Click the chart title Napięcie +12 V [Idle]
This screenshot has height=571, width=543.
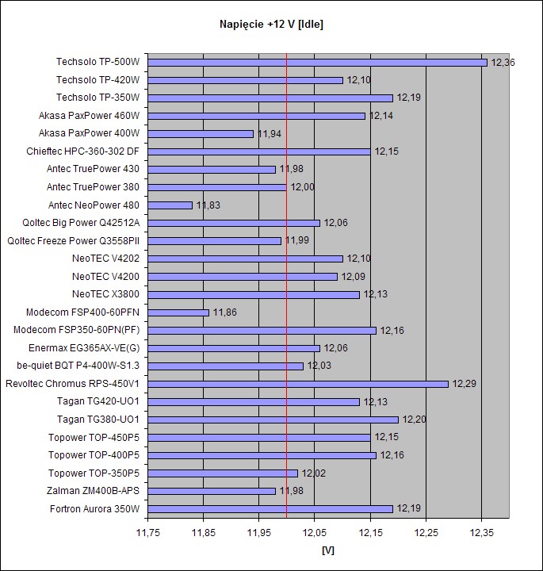coord(271,25)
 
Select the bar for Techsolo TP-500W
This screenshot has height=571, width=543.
coord(317,62)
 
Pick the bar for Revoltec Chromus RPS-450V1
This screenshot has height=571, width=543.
coord(298,384)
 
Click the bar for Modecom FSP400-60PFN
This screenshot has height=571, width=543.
coord(178,312)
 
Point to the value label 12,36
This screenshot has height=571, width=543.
coord(503,62)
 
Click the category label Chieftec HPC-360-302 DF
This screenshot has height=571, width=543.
coord(83,151)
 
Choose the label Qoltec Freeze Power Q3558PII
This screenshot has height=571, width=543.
coord(73,241)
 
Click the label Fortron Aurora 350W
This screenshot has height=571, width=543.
coord(94,509)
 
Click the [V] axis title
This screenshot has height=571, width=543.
coord(328,550)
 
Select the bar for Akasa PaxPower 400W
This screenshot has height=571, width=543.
coord(201,133)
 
